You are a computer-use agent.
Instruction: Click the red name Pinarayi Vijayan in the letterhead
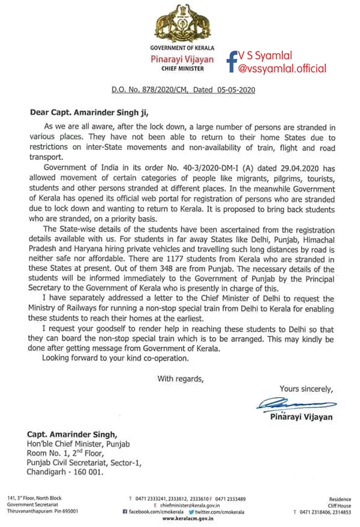point(182,59)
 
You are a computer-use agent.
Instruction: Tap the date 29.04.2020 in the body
point(287,167)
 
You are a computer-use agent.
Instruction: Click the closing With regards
point(181,379)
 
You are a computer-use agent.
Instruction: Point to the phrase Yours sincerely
point(305,388)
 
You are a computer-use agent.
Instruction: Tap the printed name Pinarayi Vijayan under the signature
point(301,417)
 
